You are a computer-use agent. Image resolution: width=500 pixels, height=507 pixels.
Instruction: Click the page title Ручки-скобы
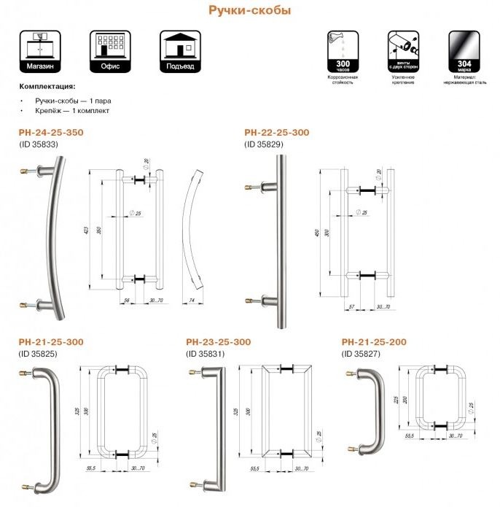point(250,11)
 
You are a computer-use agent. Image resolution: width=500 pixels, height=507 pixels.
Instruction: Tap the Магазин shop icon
point(39,50)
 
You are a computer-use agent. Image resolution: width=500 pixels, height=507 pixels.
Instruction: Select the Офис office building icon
point(110,50)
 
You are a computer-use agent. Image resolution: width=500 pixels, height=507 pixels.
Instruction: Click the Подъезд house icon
point(180,50)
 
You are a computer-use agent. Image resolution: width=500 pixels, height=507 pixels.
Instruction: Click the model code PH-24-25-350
point(51,133)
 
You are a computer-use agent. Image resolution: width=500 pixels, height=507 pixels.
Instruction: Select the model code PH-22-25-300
point(276,133)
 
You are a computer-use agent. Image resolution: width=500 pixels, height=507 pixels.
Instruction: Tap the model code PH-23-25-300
point(219,341)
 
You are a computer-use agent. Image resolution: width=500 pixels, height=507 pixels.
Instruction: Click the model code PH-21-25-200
point(374,341)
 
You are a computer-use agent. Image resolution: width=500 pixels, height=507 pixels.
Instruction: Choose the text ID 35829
point(265,144)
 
